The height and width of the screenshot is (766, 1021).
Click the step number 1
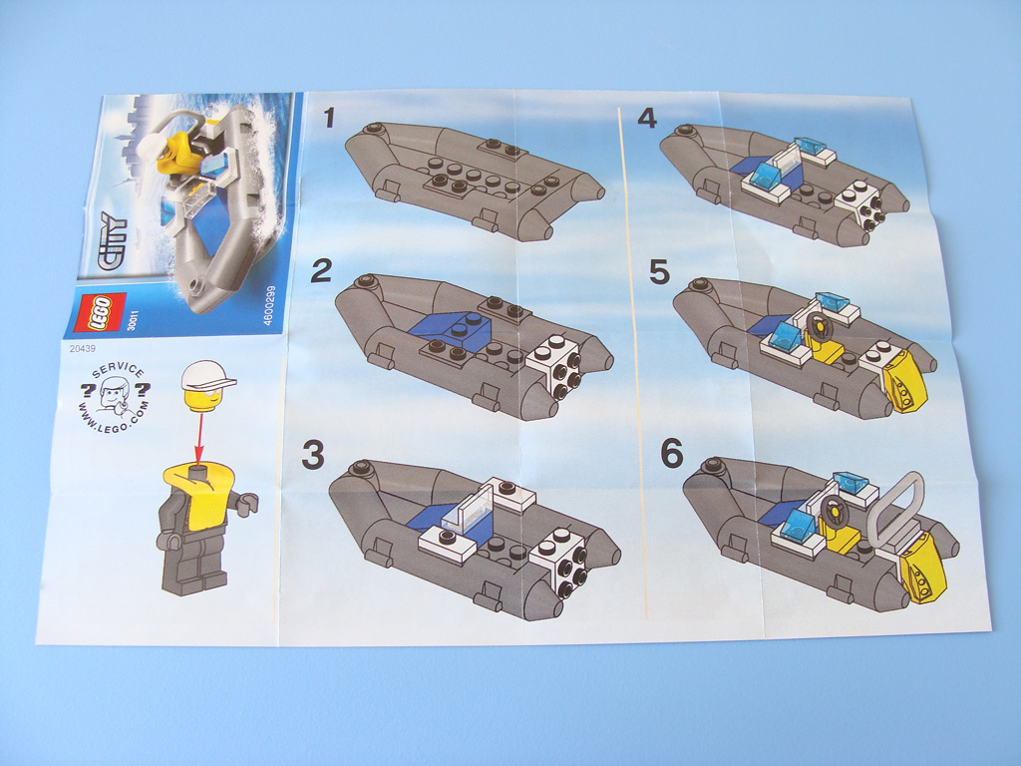tap(329, 118)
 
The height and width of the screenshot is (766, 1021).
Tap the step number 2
tap(321, 271)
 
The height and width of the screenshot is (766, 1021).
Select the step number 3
tap(313, 455)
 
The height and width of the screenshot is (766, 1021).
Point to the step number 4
tap(647, 119)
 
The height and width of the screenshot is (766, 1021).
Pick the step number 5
tap(660, 272)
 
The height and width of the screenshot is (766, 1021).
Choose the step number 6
tap(672, 453)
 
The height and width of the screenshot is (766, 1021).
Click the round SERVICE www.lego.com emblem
tap(116, 397)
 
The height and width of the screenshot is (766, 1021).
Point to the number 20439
tap(82, 348)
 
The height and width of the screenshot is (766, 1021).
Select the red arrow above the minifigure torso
tap(198, 438)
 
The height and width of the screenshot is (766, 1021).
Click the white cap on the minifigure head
tap(208, 376)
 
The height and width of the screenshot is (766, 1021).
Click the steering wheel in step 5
tap(818, 327)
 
